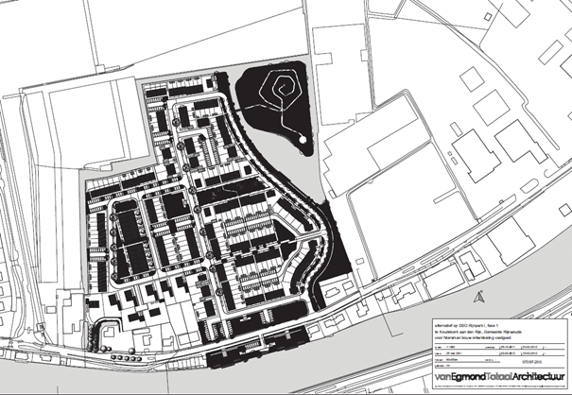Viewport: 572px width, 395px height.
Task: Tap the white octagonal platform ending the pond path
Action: (x=303, y=139)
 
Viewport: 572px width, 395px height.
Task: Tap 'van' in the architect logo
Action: (x=441, y=378)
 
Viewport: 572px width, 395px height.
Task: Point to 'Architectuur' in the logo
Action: (x=539, y=378)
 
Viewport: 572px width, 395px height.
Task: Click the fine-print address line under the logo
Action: (x=501, y=387)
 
